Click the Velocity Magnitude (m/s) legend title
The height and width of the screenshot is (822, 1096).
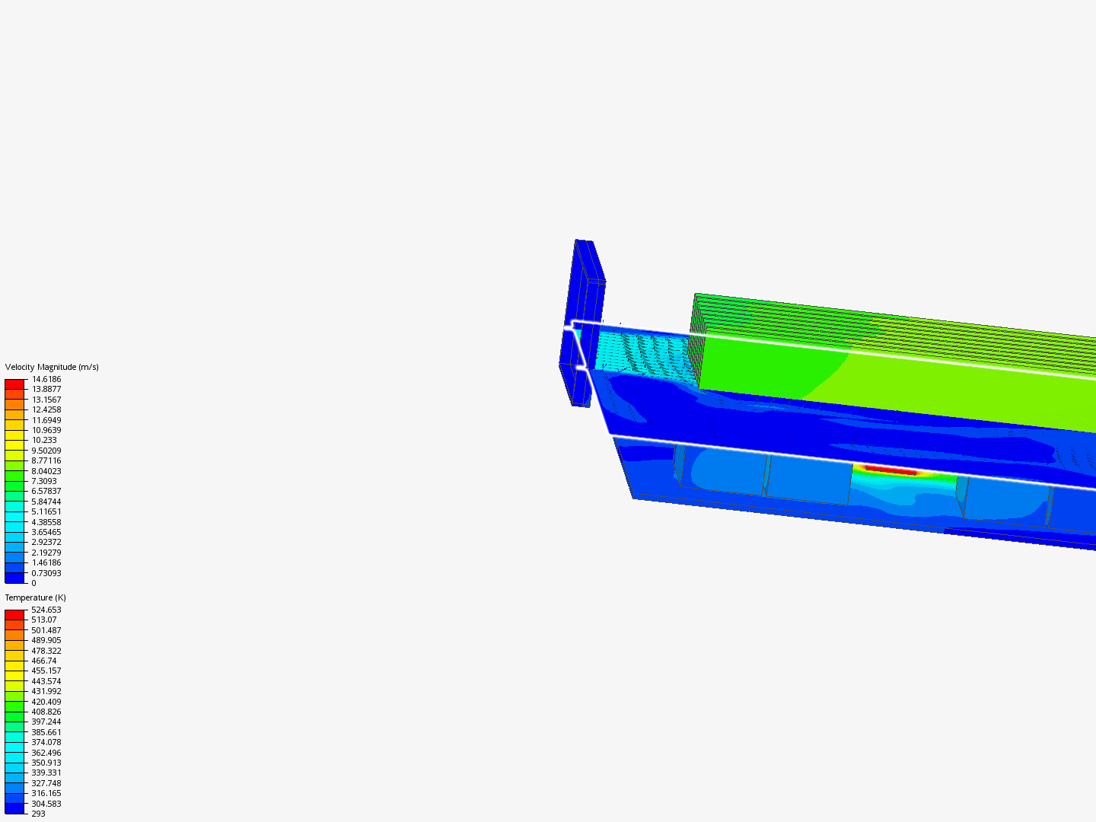click(52, 367)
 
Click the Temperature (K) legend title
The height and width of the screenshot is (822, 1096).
click(36, 597)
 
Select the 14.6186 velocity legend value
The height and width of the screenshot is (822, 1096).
click(46, 379)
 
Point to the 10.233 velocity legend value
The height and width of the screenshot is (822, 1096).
click(44, 440)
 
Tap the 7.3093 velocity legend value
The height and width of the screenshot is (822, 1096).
click(44, 481)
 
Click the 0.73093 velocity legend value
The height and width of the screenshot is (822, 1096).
click(46, 573)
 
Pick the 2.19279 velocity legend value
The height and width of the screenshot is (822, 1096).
click(46, 553)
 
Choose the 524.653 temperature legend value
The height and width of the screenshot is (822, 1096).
click(46, 610)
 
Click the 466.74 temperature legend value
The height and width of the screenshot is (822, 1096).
click(44, 661)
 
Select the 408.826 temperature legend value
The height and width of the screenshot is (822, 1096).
click(46, 712)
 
